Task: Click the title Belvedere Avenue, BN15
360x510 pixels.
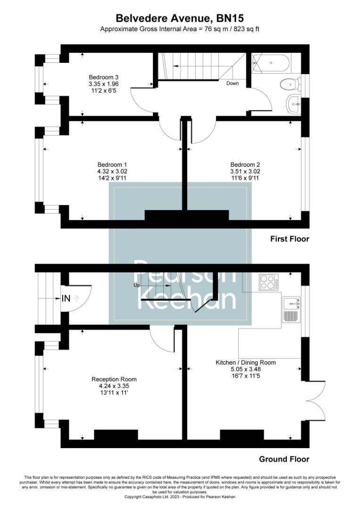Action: [180, 18]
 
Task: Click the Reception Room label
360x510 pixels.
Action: [114, 379]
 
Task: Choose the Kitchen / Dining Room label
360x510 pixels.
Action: [246, 362]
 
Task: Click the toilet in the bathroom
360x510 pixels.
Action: [289, 85]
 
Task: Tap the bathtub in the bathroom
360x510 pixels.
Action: [271, 63]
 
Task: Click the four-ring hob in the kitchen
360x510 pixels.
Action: [268, 282]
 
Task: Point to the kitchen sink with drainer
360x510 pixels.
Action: [291, 310]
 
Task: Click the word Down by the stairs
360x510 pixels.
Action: [233, 84]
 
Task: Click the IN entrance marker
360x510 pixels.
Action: [66, 298]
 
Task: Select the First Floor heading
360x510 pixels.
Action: [289, 239]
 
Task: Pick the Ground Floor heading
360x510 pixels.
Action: [284, 459]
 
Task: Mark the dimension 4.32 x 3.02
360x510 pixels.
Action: [112, 171]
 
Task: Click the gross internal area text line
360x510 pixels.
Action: [180, 29]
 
